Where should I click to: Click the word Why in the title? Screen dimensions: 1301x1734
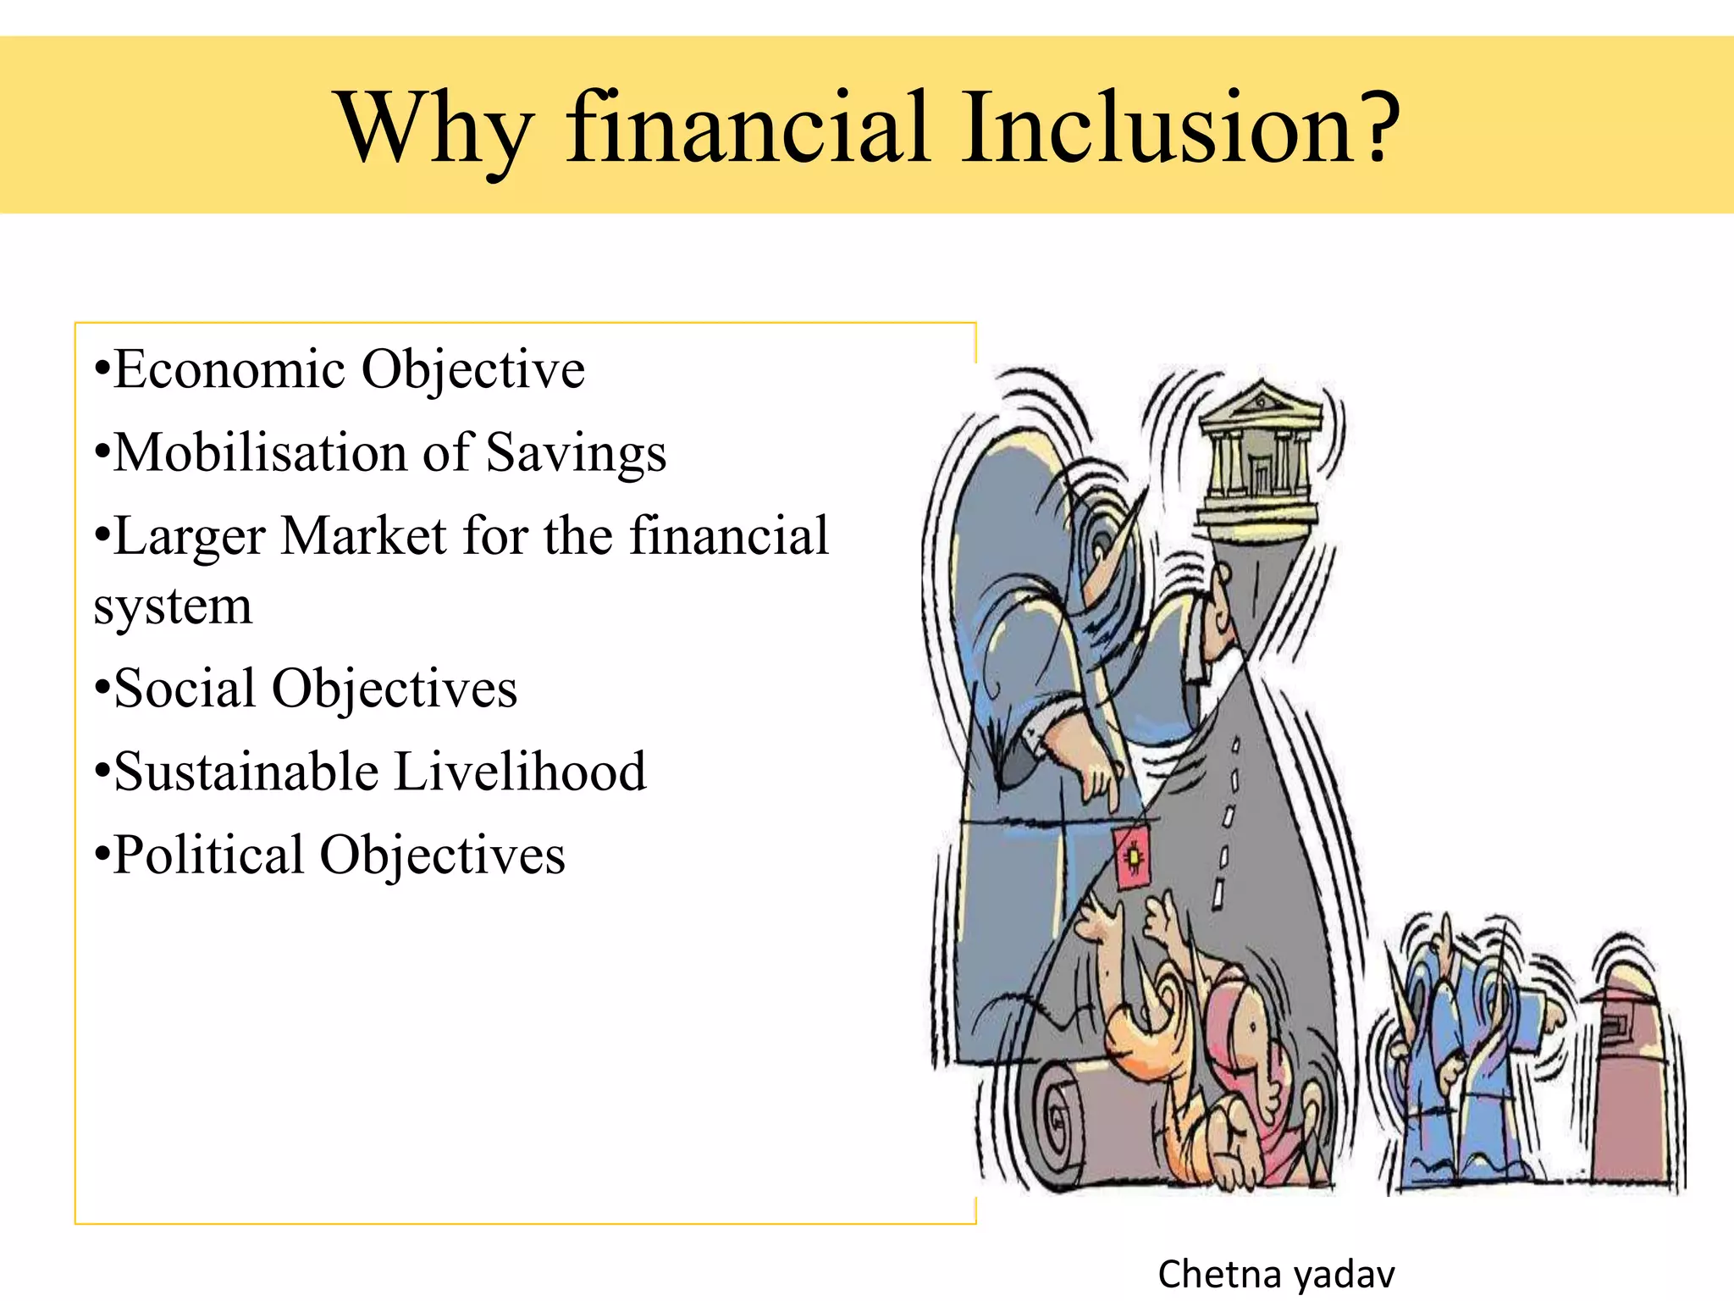[x=435, y=129]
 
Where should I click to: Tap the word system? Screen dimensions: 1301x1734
[x=173, y=606]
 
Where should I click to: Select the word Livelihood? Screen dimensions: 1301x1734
[x=520, y=772]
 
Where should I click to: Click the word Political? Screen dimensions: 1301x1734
[x=208, y=855]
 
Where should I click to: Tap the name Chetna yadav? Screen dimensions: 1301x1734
[x=1276, y=1274]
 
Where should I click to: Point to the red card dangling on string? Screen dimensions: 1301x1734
[x=1132, y=858]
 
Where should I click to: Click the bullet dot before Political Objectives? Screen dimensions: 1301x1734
[x=102, y=855]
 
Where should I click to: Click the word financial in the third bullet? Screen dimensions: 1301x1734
[x=729, y=536]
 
